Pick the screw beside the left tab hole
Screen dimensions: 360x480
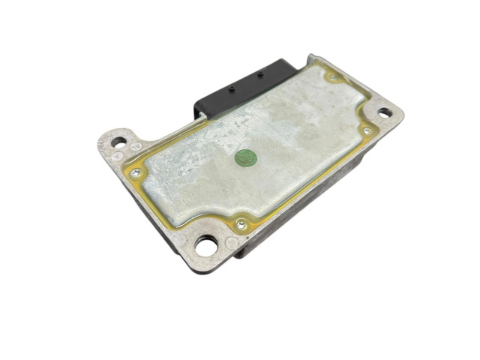(x=136, y=172)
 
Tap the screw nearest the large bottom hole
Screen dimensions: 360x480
(x=240, y=223)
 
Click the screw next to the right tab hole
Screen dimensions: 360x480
(x=366, y=130)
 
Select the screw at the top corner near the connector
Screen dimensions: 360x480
(x=331, y=76)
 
